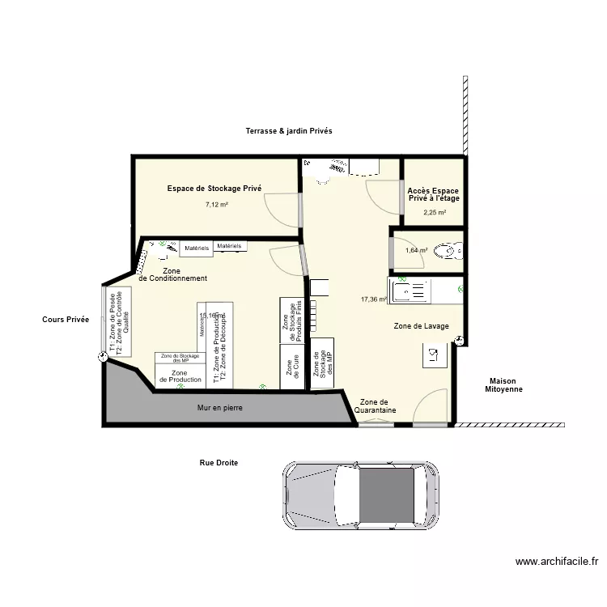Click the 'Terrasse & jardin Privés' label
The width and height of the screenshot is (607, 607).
tap(289, 130)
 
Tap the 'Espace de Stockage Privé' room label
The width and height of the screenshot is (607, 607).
tap(214, 188)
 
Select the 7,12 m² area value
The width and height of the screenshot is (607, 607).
tap(217, 205)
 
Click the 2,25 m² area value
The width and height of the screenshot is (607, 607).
tap(434, 213)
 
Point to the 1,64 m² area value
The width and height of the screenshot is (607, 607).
tap(416, 250)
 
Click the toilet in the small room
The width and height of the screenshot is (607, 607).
tap(450, 251)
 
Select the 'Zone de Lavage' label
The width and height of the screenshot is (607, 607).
tap(421, 326)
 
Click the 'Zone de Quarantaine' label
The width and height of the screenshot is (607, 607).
tap(375, 406)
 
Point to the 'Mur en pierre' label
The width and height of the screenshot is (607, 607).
tap(220, 408)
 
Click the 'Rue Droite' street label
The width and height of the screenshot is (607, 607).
tap(219, 463)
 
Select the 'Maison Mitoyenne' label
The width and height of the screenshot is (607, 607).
tap(503, 385)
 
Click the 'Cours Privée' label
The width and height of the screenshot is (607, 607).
tap(66, 320)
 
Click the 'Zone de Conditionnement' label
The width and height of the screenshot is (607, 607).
tap(172, 274)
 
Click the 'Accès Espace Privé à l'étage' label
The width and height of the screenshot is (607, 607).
tap(434, 194)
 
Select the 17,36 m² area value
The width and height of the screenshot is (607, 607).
tap(374, 299)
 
